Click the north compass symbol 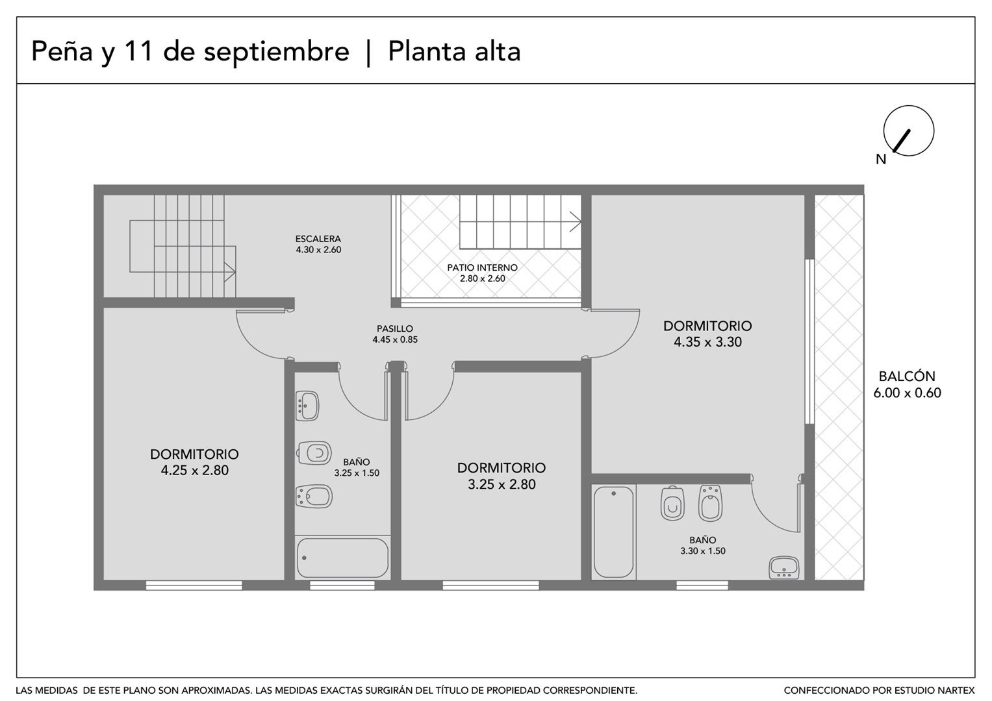(908, 130)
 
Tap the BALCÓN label (906, 376)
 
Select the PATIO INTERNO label (482, 267)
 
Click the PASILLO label (394, 329)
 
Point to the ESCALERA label (318, 239)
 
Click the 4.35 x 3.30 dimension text (707, 341)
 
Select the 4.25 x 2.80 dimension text (194, 470)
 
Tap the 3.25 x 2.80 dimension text (502, 484)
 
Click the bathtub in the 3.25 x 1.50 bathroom (342, 558)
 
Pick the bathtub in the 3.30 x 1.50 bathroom (613, 532)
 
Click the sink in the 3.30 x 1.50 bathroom (784, 568)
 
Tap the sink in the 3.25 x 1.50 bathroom (307, 406)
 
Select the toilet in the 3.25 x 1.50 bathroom (314, 453)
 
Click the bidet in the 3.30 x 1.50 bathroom (710, 503)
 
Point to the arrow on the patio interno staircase (575, 222)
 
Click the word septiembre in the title (276, 52)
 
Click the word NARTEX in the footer (956, 691)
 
